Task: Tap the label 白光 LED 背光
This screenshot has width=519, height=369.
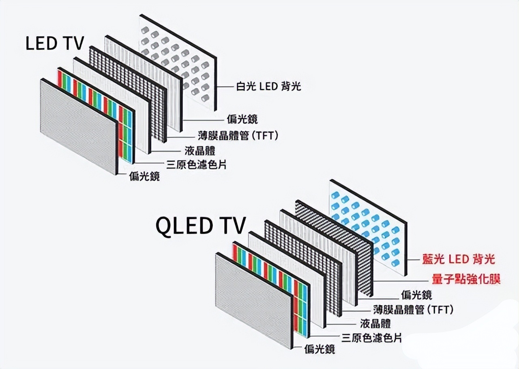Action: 269,86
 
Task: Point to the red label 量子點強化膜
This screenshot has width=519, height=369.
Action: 465,279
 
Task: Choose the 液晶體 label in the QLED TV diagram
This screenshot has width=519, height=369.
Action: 375,323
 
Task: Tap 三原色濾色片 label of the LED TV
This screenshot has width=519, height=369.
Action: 197,165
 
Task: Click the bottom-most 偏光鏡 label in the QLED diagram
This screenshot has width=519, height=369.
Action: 320,349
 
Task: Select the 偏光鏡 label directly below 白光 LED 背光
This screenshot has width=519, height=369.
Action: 242,119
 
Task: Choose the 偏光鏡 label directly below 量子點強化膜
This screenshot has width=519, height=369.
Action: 416,294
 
